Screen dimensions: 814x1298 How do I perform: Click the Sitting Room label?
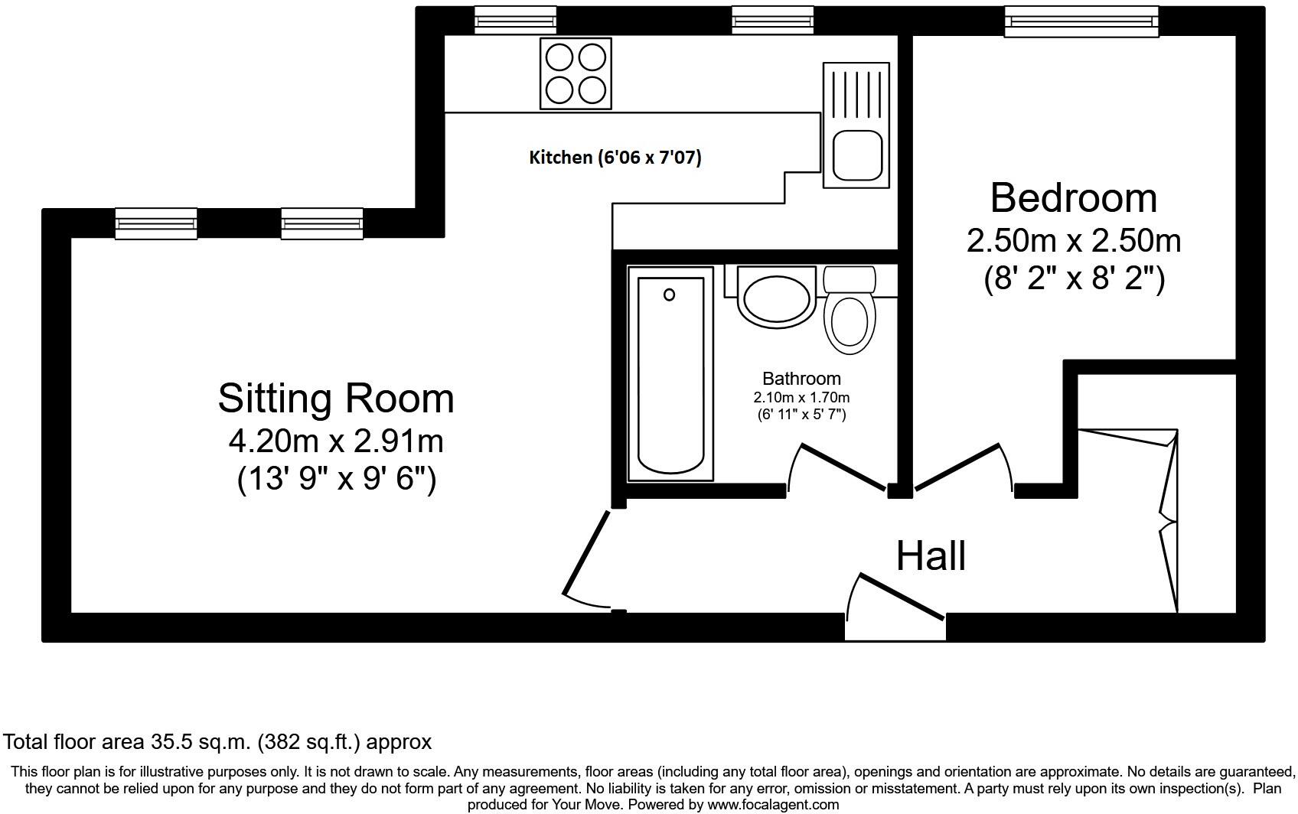pos(336,399)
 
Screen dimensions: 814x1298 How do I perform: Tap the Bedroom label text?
pos(1073,198)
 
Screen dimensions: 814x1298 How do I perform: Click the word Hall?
pos(931,556)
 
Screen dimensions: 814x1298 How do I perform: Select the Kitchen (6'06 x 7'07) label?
pos(615,158)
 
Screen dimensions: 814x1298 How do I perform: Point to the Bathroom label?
pos(801,379)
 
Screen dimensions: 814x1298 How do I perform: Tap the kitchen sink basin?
pos(856,155)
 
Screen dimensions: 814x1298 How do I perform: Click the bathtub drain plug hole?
pos(669,295)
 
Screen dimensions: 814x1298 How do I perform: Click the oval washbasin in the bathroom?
pos(776,299)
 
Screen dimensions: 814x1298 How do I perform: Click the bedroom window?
pos(1081,21)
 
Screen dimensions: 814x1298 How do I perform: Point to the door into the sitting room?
pos(587,553)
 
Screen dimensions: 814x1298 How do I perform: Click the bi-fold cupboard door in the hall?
pos(1168,520)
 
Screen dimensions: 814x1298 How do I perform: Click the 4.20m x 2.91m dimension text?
pos(336,441)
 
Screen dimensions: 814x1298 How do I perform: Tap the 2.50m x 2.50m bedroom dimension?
pos(1073,241)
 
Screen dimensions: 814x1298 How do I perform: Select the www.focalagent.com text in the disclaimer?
pos(772,805)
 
